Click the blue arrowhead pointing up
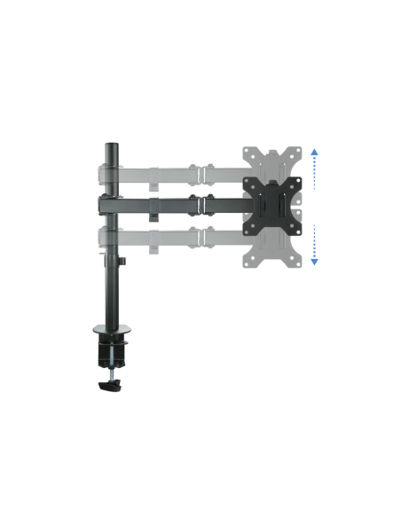[x=314, y=153]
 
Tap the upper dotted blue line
[x=314, y=173]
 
